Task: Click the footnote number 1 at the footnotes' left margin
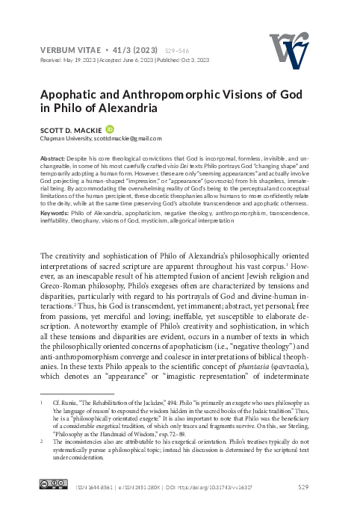pos(42,402)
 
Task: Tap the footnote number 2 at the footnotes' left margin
pos(42,442)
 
